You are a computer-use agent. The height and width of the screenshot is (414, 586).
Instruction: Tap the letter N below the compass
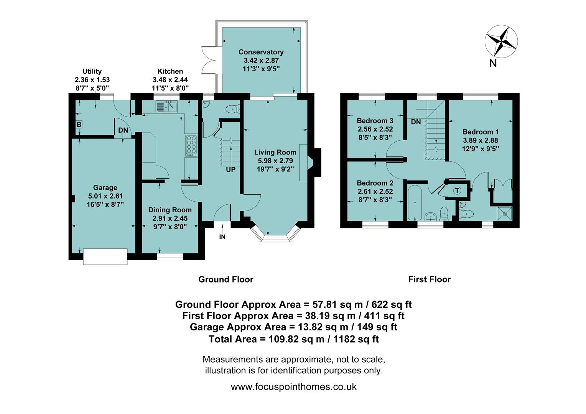[x=493, y=63]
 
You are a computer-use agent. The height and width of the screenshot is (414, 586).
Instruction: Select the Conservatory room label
[x=261, y=52]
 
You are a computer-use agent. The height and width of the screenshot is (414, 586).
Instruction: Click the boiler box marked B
[x=79, y=124]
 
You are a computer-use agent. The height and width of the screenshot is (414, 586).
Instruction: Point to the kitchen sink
[x=166, y=107]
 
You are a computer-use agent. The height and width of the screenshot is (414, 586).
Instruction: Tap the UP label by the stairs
[x=230, y=169]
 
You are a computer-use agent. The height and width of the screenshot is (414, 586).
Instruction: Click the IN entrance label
[x=222, y=237]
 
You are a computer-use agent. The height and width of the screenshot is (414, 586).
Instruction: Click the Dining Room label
[x=170, y=210]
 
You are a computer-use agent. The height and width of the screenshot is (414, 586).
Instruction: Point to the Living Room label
[x=275, y=152]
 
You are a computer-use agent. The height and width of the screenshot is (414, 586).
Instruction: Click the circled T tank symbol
[x=457, y=191]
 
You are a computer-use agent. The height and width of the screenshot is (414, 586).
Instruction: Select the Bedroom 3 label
[x=375, y=121]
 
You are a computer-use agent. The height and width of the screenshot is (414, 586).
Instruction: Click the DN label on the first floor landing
[x=416, y=122]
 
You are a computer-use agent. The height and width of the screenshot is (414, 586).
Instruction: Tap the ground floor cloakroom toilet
[x=232, y=110]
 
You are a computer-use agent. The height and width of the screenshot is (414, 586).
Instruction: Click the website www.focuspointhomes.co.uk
[x=293, y=386]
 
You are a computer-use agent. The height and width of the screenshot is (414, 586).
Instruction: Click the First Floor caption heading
[x=429, y=279]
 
